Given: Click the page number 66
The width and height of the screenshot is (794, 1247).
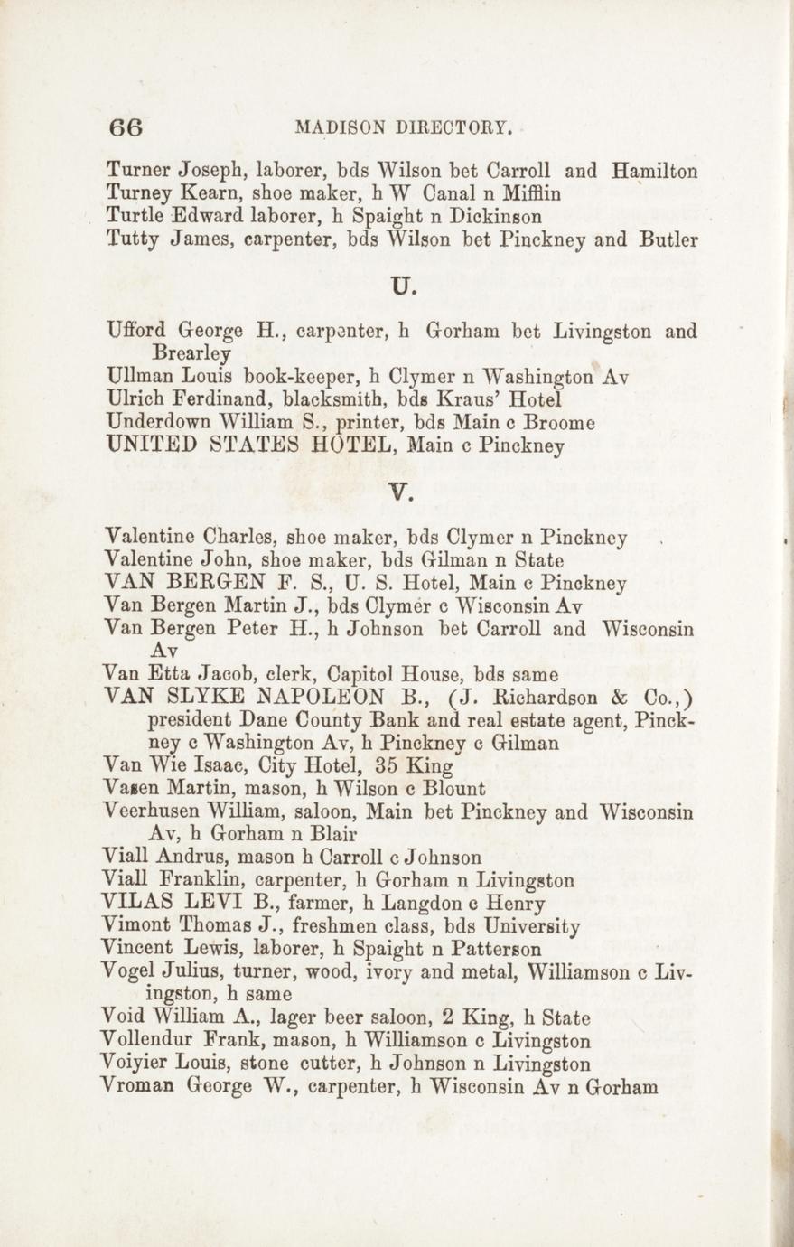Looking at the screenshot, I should pos(126,127).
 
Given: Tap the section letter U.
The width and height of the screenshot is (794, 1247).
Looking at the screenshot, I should pos(402,289).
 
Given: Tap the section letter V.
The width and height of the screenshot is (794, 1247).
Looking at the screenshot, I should pos(400,492).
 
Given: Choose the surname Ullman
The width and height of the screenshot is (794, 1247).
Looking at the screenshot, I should pos(137,375).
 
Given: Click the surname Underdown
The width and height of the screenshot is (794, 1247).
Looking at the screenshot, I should pos(161,421).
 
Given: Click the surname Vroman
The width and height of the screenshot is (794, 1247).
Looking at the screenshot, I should pos(139,1087).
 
